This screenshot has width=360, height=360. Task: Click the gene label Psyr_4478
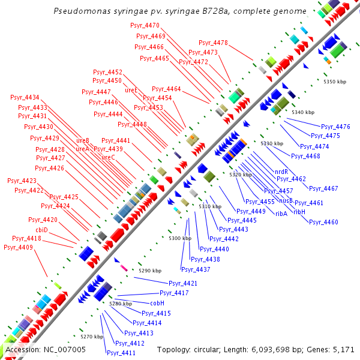coord(213,43)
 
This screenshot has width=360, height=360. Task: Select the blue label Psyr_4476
coord(335,127)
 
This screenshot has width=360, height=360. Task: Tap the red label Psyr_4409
coord(18,247)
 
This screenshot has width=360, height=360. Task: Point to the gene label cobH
coord(157,303)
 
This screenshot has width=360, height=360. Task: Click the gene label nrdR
coord(281,172)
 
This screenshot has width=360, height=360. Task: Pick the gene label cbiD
coord(41,230)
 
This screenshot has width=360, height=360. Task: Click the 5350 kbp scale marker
coord(335,82)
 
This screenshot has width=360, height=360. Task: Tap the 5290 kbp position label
coord(150,271)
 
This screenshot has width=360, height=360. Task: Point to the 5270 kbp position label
coord(92,337)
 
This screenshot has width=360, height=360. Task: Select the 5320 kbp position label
coord(241,175)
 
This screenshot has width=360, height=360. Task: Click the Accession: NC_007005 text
coord(46,349)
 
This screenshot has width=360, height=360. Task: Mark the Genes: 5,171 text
coord(334,349)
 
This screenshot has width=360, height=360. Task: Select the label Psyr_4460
coord(323,222)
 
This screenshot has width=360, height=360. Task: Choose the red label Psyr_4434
coord(25,98)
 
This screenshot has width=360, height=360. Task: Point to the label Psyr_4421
coord(182,283)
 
